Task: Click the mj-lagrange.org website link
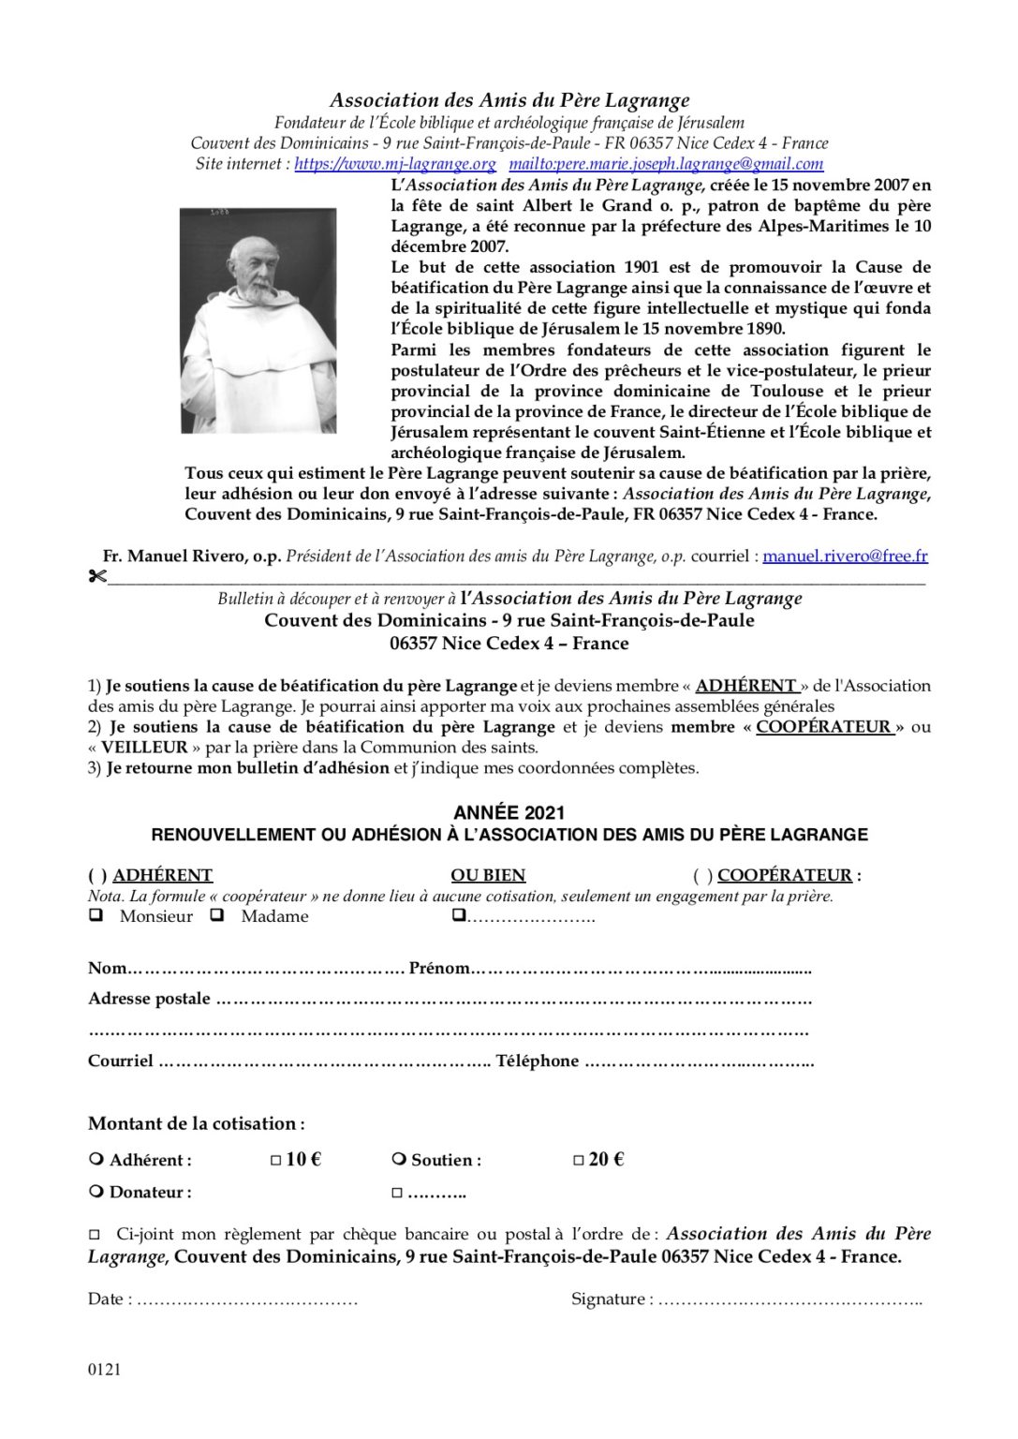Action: pyautogui.click(x=394, y=164)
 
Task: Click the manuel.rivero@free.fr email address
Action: pyautogui.click(x=845, y=556)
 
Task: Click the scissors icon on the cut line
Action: pyautogui.click(x=96, y=576)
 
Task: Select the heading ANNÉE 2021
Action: pyautogui.click(x=509, y=813)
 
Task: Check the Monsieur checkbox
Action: pyautogui.click(x=96, y=916)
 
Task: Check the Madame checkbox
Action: pyautogui.click(x=217, y=916)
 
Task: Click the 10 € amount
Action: pyautogui.click(x=302, y=1160)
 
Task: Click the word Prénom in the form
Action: pyautogui.click(x=438, y=969)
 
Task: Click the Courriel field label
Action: pyautogui.click(x=121, y=1061)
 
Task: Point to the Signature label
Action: pyautogui.click(x=609, y=1299)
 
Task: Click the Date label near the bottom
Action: pyautogui.click(x=105, y=1299)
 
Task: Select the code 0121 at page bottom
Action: pyautogui.click(x=105, y=1370)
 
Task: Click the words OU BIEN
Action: pyautogui.click(x=488, y=876)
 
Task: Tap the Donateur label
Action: pyautogui.click(x=150, y=1193)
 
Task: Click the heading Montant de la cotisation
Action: pyautogui.click(x=196, y=1123)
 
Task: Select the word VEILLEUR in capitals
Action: pyautogui.click(x=144, y=748)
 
